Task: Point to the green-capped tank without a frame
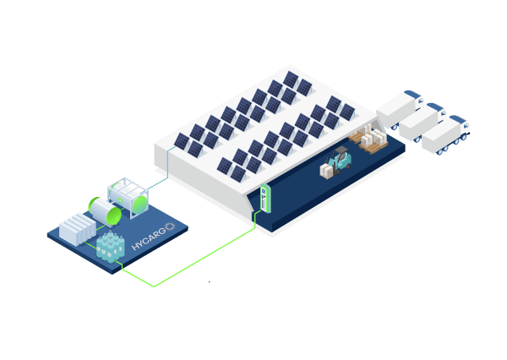(105, 211)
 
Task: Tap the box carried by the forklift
(328, 171)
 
